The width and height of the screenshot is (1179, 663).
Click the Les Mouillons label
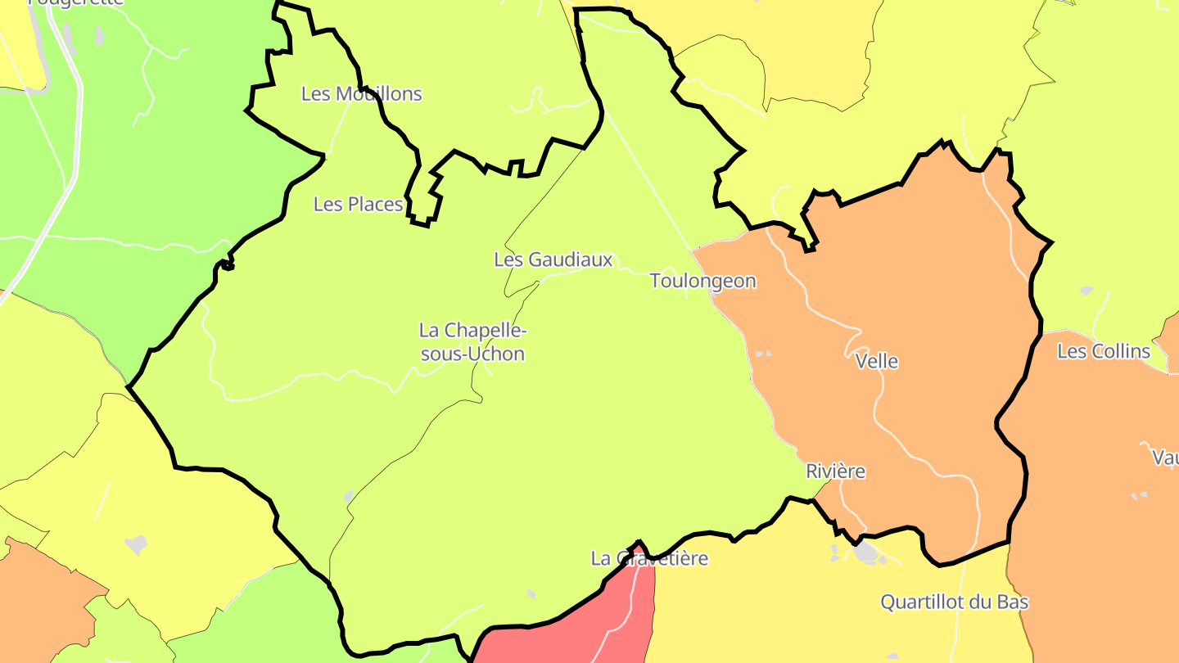pyautogui.click(x=361, y=93)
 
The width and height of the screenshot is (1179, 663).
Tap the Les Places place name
pyautogui.click(x=359, y=204)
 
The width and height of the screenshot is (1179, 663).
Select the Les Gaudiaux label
pyautogui.click(x=553, y=259)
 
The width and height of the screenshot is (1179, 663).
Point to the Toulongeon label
pyautogui.click(x=702, y=281)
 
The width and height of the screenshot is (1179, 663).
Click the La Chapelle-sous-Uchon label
pyautogui.click(x=472, y=342)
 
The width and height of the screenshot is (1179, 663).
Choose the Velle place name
pyautogui.click(x=876, y=361)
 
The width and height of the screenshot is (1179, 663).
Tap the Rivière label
pyautogui.click(x=835, y=471)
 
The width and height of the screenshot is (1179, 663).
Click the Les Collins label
pyautogui.click(x=1104, y=351)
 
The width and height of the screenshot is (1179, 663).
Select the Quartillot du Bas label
pyautogui.click(x=955, y=602)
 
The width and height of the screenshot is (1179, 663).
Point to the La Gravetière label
pyautogui.click(x=649, y=558)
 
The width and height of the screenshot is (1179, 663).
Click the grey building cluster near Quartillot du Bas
pyautogui.click(x=866, y=552)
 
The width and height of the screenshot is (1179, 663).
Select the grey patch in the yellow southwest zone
pyautogui.click(x=135, y=544)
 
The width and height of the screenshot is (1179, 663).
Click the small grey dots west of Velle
pyautogui.click(x=762, y=354)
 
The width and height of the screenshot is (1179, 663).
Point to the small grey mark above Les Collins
pyautogui.click(x=1086, y=290)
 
